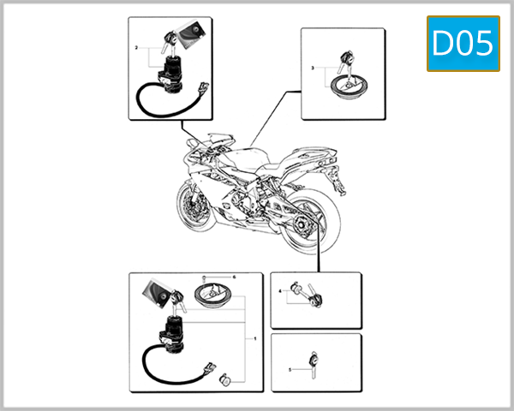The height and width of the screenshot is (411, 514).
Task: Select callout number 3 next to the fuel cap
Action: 313,67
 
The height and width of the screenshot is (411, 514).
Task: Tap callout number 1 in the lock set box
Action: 254,339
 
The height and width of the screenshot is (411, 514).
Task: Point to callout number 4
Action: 280,292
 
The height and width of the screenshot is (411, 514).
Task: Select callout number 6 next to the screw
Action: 234,277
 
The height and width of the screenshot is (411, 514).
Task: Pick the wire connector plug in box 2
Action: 202,88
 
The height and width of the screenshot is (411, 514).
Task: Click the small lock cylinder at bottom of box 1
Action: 226,378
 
